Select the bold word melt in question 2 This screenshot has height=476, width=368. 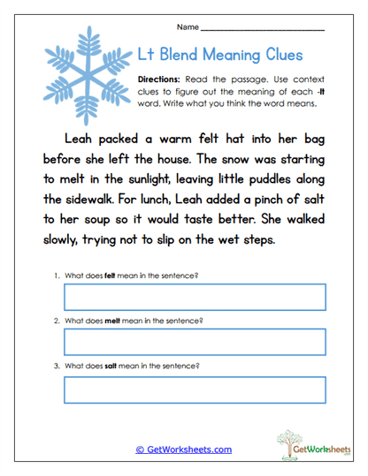111,320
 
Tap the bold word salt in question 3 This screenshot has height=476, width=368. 111,366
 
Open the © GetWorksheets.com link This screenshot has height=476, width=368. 183,450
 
